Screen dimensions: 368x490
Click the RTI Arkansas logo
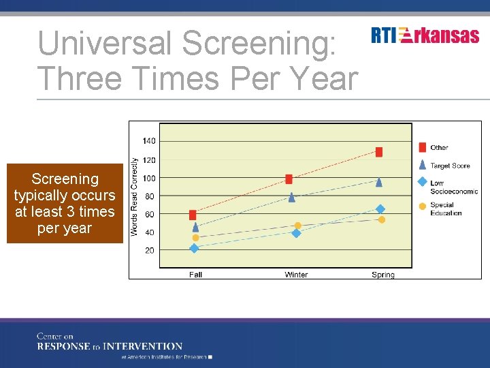coord(425,35)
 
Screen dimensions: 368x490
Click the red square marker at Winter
coord(289,179)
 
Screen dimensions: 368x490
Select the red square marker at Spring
coord(379,152)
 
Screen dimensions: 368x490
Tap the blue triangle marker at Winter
coord(292,197)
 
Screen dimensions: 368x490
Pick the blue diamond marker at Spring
coord(380,209)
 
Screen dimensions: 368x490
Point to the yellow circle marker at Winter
coord(297,226)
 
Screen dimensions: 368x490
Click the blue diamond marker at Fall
coord(194,249)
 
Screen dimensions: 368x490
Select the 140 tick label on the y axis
coord(149,141)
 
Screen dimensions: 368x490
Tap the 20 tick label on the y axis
coord(149,251)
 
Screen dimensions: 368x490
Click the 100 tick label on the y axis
coord(149,179)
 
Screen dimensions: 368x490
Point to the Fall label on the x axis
coord(195,275)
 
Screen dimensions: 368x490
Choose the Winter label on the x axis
coord(296,275)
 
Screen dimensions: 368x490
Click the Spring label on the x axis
coord(383,275)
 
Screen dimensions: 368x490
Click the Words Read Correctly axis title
coord(135,197)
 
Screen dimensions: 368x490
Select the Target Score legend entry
coord(450,166)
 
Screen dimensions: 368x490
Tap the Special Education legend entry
coord(446,209)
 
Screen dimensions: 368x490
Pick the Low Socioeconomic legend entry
coord(453,187)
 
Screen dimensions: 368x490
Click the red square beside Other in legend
coord(422,147)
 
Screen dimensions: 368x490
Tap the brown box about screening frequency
coord(65,204)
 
